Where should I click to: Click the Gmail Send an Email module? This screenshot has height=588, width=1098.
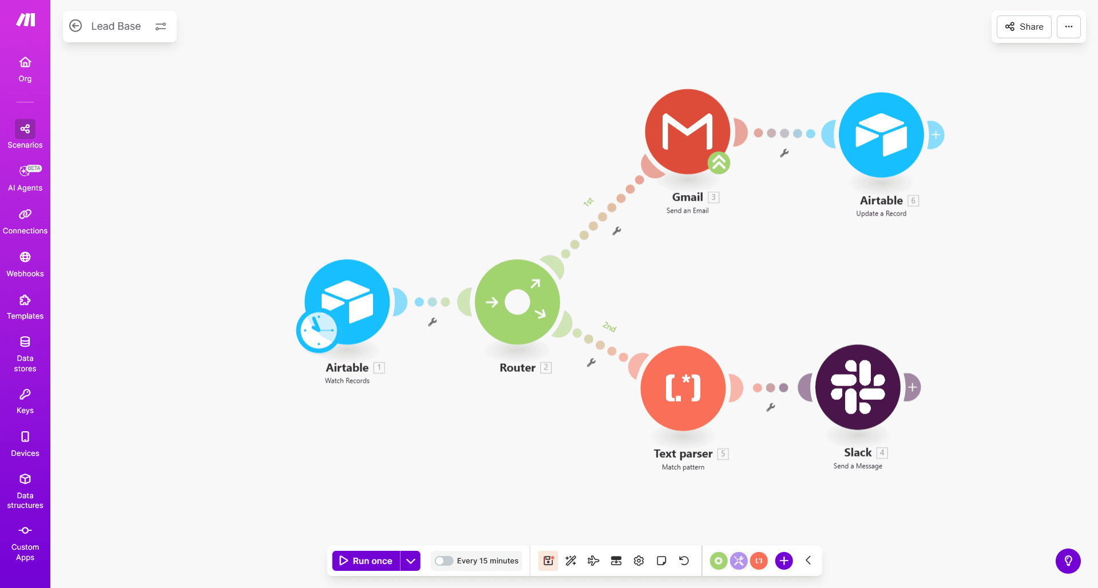coord(687,132)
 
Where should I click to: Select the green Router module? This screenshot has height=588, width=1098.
coord(517,302)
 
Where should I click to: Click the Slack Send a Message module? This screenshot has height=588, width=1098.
coord(857,387)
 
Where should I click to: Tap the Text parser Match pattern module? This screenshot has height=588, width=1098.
coord(683,388)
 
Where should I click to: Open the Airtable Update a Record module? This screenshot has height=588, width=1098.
coord(881,135)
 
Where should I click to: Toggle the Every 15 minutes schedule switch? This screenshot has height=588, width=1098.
coord(444,561)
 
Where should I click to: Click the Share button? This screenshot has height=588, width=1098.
coord(1024,27)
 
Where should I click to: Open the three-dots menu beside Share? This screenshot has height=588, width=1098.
coord(1068,27)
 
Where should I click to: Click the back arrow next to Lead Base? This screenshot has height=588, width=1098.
coord(76,26)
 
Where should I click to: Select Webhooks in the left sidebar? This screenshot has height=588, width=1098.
coord(25,264)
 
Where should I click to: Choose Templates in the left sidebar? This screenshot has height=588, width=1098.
coord(25,307)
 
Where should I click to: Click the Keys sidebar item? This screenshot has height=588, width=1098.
coord(25,401)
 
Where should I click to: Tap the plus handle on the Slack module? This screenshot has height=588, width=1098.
coord(912,387)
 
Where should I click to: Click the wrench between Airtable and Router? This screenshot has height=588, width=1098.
coord(433,322)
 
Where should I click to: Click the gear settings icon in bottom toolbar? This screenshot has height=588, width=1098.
coord(639,561)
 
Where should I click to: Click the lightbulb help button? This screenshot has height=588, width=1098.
coord(1068,561)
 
